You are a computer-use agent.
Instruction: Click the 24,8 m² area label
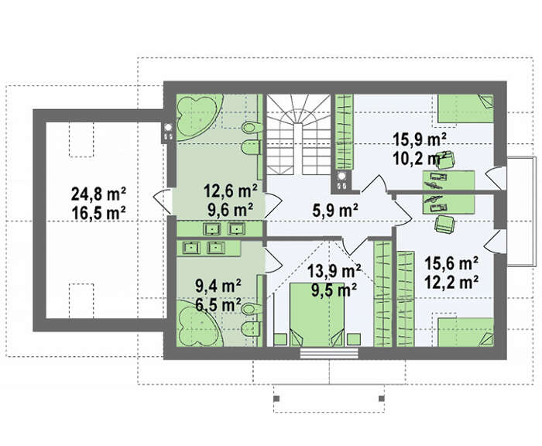tap(98, 194)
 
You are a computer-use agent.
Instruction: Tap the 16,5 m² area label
tap(98, 213)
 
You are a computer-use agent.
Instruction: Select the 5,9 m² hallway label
tap(335, 210)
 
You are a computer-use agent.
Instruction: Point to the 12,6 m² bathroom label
tap(231, 190)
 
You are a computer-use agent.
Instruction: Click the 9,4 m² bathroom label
tap(218, 286)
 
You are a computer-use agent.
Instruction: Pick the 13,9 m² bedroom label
tap(334, 271)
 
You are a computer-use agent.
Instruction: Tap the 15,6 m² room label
tap(451, 263)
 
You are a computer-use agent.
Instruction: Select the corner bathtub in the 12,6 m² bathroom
tap(197, 117)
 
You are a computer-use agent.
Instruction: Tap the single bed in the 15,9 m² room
tap(465, 108)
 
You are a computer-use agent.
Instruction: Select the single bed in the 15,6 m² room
tap(465, 332)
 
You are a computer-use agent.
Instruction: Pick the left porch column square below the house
tap(276, 399)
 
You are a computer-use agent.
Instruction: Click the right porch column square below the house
tap(382, 399)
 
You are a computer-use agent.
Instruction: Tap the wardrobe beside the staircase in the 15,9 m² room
tap(345, 132)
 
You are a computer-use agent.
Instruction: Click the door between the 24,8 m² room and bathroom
tap(163, 201)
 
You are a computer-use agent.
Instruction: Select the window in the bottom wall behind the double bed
tap(329, 353)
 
